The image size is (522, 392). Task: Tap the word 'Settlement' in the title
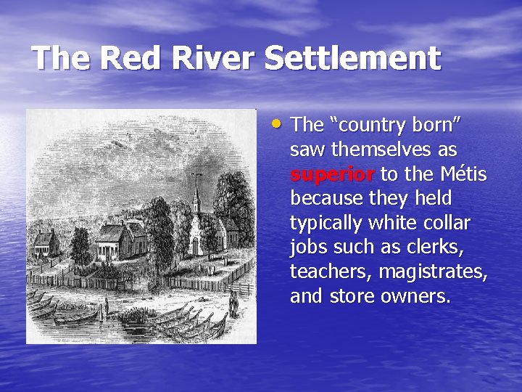tap(352, 58)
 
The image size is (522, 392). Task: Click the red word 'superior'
tap(332, 174)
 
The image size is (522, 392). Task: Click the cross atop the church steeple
tap(196, 176)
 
